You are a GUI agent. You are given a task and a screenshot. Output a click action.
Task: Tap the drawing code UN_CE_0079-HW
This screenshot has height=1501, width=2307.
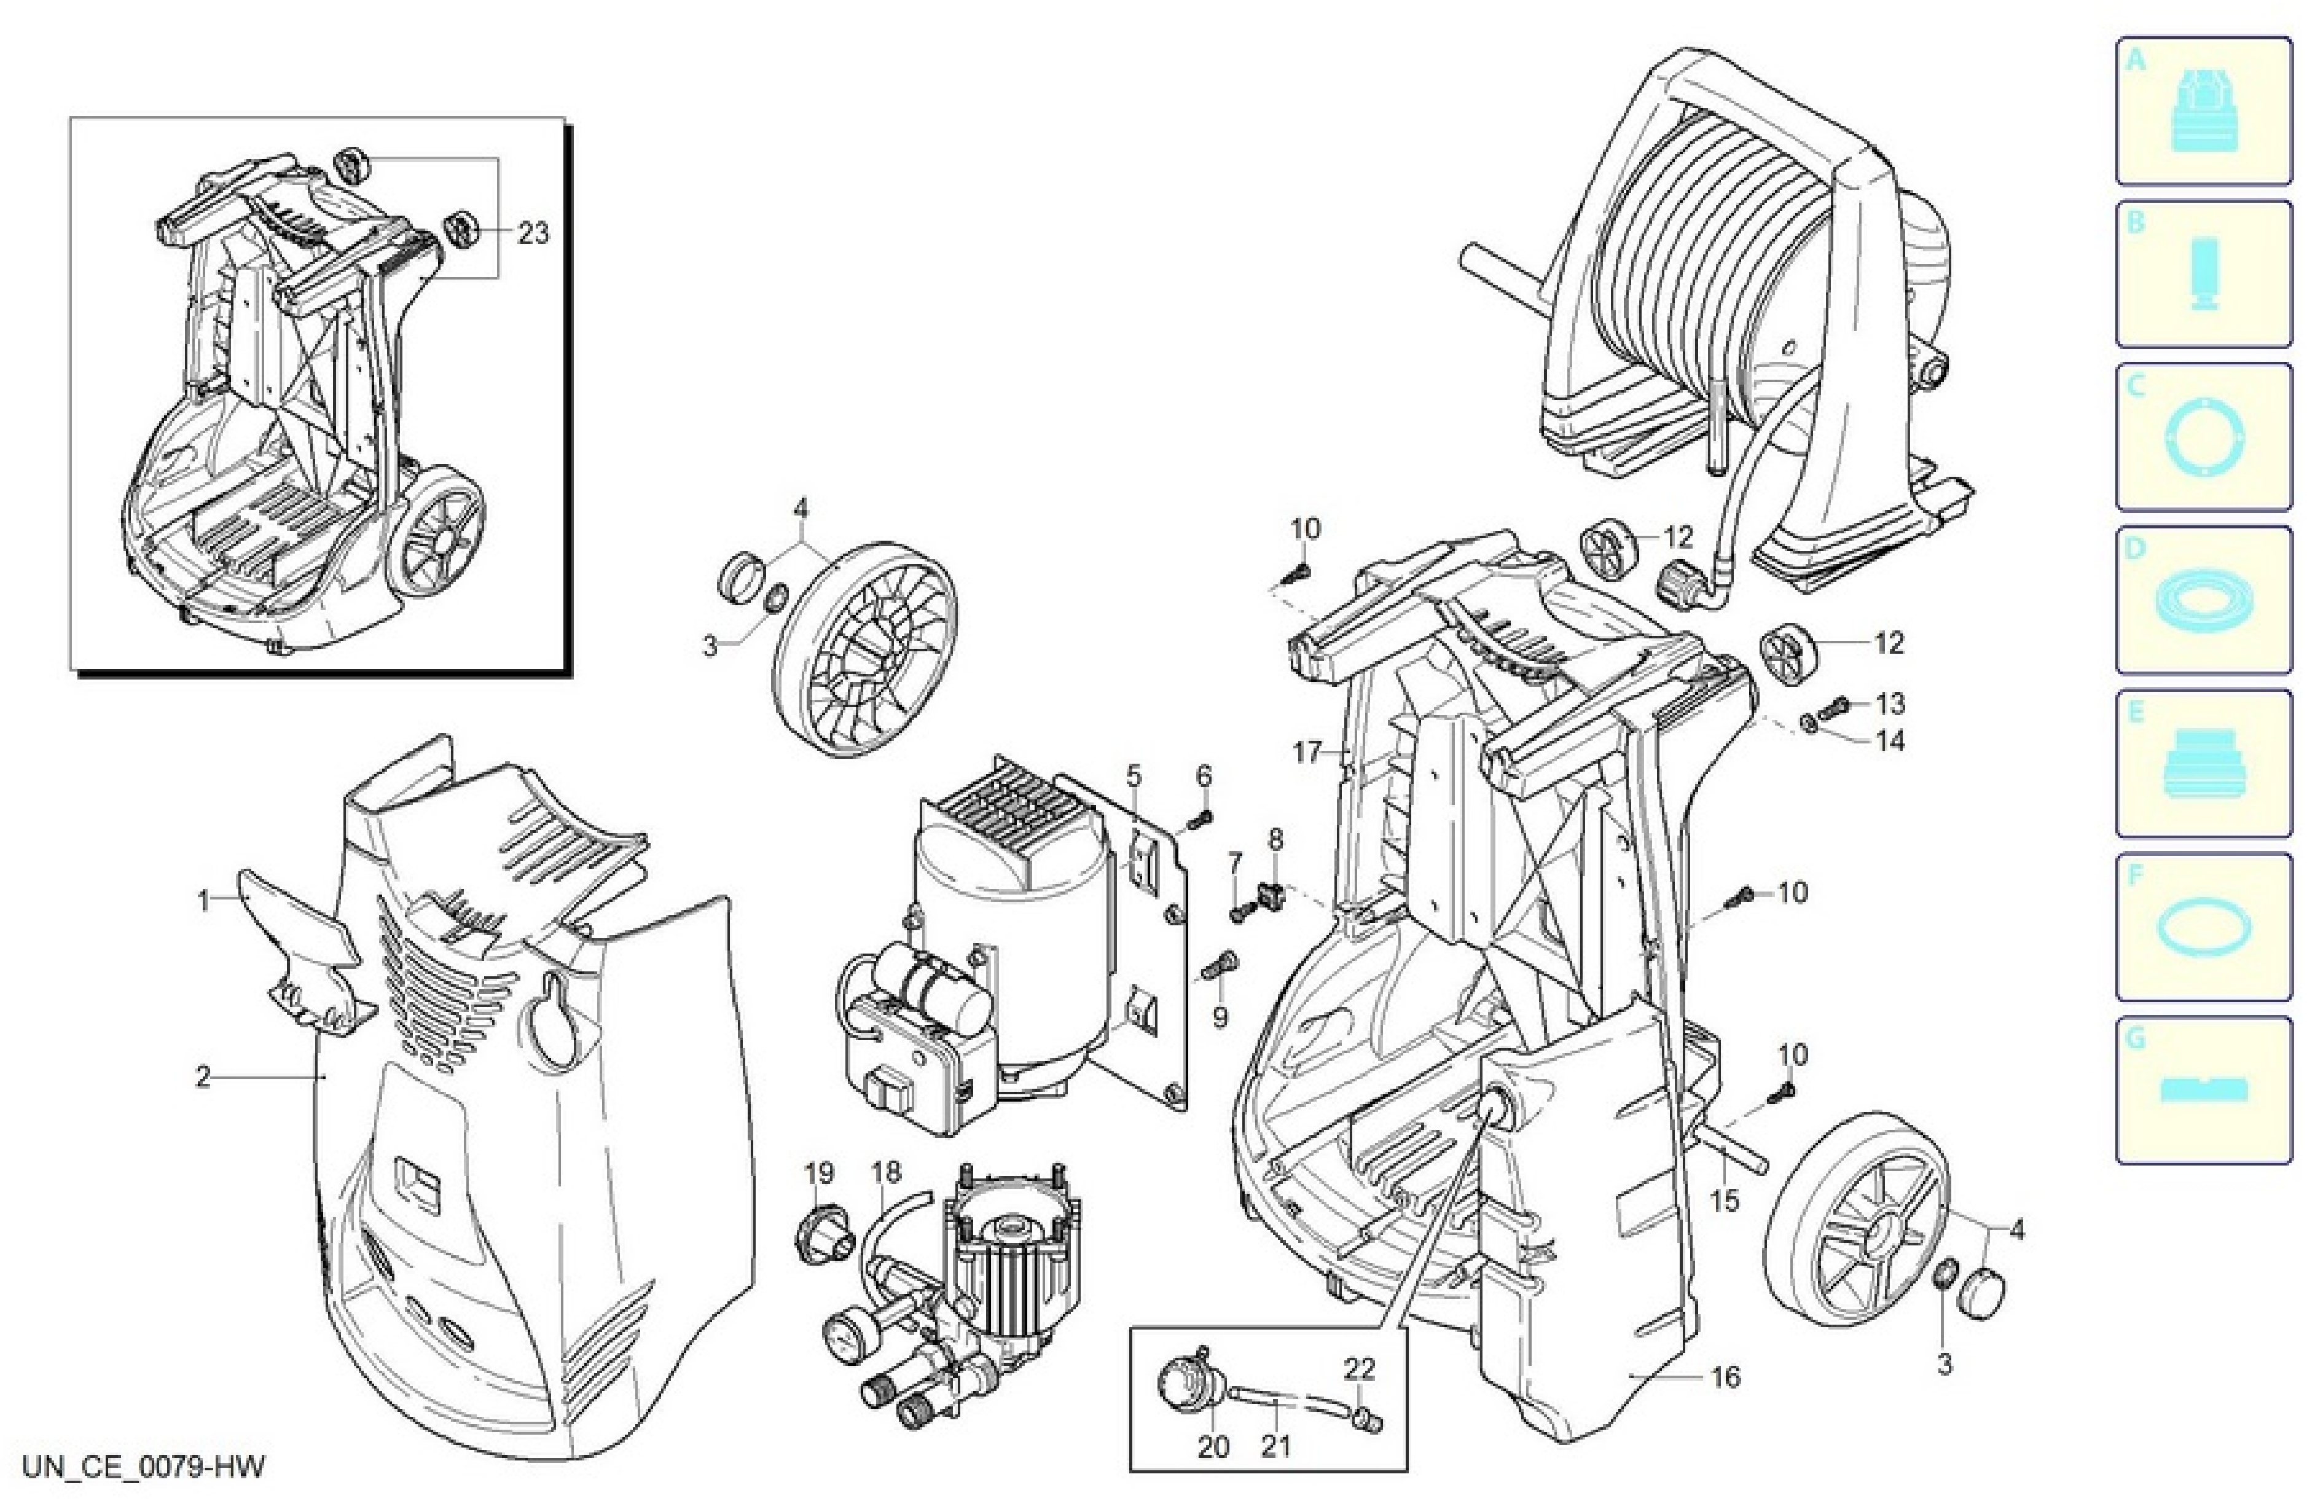click(x=144, y=1466)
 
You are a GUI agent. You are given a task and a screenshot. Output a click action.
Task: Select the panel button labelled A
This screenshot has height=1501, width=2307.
click(x=2203, y=111)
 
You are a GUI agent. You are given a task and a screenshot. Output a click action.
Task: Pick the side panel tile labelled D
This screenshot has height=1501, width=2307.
click(x=2203, y=600)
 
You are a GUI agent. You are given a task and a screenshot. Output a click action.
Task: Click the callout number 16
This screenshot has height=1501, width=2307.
click(x=1725, y=1376)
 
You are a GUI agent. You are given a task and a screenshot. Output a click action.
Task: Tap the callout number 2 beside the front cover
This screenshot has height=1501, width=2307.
click(x=203, y=1076)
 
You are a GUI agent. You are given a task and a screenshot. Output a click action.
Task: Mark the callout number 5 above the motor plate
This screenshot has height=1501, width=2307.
click(x=1134, y=776)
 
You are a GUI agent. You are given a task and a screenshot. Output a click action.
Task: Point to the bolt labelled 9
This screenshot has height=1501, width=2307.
click(x=1218, y=966)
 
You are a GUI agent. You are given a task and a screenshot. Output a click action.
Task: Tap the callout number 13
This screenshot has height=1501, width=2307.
click(x=1889, y=703)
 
